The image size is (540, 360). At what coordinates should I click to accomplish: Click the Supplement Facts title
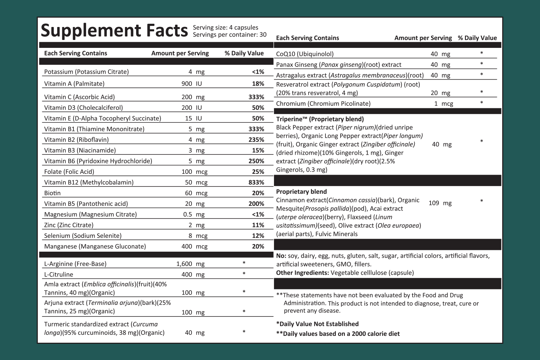114,31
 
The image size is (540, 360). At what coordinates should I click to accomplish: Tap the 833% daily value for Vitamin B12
256,182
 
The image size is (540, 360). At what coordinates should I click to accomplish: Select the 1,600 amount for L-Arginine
184,264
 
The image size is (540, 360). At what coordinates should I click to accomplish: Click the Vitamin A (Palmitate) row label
74,84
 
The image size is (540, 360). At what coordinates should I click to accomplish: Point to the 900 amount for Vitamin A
187,84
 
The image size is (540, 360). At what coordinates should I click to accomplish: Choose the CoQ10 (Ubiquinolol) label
305,54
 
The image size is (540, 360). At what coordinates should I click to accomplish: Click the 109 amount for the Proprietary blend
434,203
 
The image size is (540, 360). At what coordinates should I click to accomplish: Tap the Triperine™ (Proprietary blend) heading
320,119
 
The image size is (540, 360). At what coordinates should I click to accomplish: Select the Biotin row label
52,193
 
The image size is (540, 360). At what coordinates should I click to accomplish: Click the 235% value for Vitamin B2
256,140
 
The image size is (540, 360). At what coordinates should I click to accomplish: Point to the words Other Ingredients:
302,273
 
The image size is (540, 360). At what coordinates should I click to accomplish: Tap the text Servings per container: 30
230,35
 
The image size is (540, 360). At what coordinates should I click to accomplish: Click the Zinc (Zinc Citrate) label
69,225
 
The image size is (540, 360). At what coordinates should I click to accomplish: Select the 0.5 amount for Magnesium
188,214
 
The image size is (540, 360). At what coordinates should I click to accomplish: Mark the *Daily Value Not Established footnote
318,324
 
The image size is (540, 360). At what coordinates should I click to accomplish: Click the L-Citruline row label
59,274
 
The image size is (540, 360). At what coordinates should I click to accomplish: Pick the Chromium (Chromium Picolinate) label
323,104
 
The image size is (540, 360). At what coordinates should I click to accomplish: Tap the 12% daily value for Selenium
258,235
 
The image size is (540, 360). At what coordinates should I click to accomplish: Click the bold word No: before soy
281,256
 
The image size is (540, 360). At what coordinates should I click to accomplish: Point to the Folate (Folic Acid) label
69,172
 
